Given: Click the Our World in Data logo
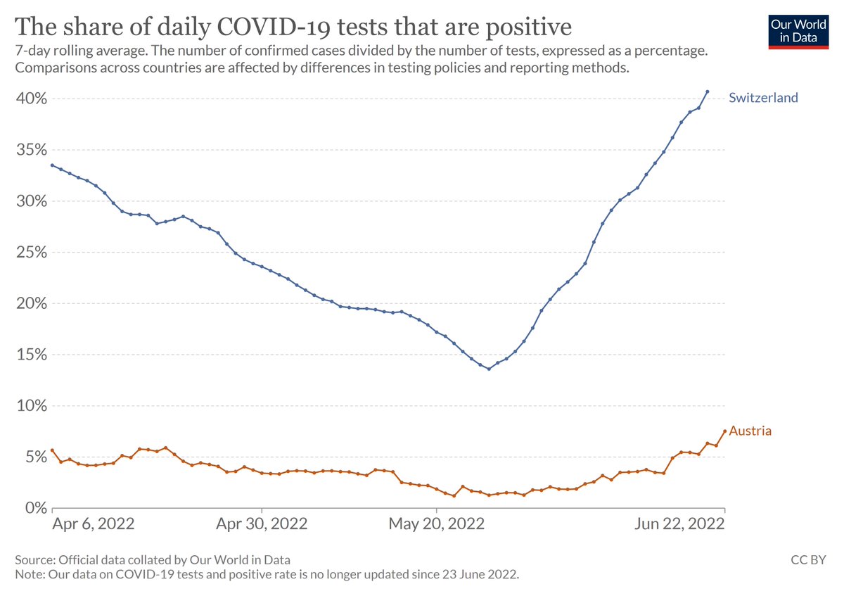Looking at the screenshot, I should (798, 30).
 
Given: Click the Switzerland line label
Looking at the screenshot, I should (763, 98).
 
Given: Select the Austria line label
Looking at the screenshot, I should (750, 431).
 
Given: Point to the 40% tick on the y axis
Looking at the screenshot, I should (31, 99).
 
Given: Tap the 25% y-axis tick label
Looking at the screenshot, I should (31, 252).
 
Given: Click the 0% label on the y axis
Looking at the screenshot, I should (34, 508).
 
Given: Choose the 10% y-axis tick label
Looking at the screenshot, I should (31, 406).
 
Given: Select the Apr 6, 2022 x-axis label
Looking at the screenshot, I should (94, 525).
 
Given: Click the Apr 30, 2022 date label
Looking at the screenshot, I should (262, 525).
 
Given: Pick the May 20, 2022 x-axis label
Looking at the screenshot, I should (436, 525).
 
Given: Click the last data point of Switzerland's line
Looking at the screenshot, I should (707, 91).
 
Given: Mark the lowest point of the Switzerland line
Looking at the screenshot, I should (489, 369).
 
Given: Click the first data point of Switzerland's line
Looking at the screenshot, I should (52, 165).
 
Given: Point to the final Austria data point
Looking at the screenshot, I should (724, 431).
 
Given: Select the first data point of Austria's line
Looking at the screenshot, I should (52, 450).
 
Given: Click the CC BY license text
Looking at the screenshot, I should (809, 560).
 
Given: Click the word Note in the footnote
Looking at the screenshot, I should (28, 574).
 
